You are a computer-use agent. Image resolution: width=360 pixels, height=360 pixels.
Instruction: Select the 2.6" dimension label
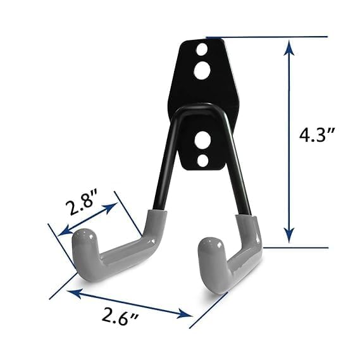point(123,319)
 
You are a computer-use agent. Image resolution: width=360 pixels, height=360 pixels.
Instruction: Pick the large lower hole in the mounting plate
point(203,139)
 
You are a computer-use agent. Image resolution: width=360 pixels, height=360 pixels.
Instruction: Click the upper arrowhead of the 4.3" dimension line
point(289,46)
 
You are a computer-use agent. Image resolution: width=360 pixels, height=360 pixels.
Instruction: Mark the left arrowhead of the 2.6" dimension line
point(71,291)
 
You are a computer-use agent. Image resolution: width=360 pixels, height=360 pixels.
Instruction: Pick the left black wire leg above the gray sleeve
point(161,164)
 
